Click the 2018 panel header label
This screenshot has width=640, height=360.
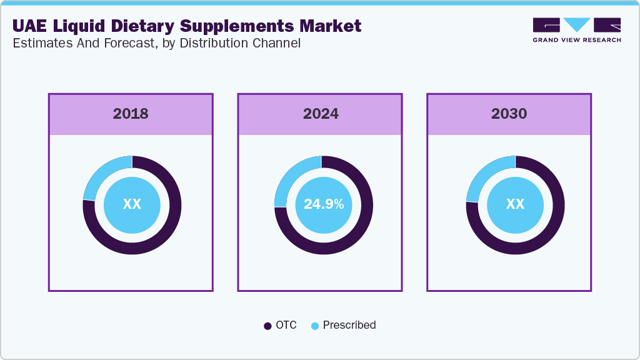click(131, 114)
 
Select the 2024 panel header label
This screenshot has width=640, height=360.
click(321, 114)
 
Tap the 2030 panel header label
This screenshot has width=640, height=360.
click(509, 114)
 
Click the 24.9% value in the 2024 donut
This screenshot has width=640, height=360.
click(324, 204)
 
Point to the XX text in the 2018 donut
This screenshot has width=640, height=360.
click(132, 204)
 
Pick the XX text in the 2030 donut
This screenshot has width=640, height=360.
click(515, 204)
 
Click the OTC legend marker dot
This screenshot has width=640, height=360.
click(268, 326)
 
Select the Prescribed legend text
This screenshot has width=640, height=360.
click(349, 325)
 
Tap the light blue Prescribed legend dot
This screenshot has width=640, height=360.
click(315, 326)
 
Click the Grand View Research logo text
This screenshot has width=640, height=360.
click(576, 40)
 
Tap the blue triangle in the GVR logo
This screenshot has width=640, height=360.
click(577, 24)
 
